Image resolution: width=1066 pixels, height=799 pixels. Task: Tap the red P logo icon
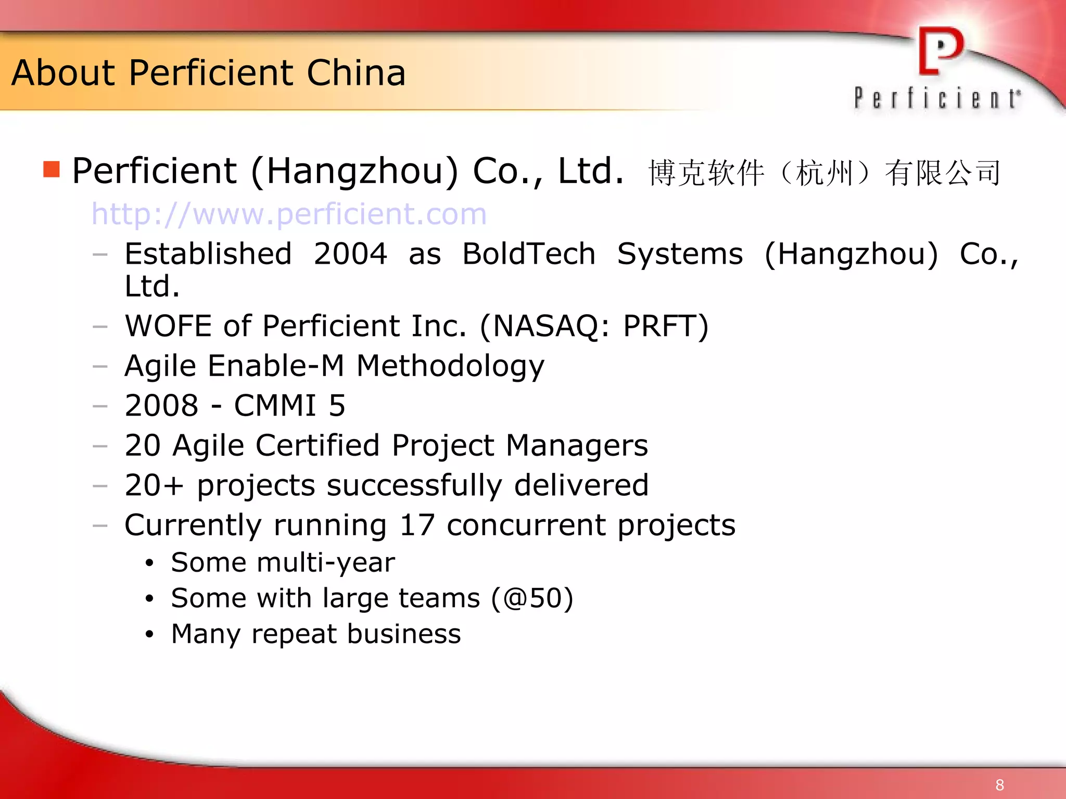(941, 51)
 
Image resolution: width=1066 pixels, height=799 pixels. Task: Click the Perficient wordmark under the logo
(937, 98)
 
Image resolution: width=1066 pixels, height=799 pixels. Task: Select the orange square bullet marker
(52, 170)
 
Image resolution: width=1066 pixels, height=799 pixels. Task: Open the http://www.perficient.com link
(289, 214)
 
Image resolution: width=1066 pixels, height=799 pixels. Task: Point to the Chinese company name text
(824, 173)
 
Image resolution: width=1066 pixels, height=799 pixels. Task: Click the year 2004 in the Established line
(350, 254)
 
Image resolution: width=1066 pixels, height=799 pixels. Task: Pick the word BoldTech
(529, 254)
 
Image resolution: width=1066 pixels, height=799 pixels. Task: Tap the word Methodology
(450, 366)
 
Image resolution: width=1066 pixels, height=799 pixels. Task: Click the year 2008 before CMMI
(162, 405)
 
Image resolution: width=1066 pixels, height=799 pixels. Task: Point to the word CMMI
(275, 405)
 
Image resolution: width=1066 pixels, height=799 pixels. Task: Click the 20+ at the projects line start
(154, 485)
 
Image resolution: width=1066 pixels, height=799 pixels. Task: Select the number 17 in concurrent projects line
(416, 525)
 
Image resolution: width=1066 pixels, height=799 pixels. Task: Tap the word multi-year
(326, 562)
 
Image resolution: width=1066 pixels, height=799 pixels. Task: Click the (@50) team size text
(532, 598)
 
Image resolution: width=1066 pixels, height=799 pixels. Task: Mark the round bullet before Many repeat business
(150, 634)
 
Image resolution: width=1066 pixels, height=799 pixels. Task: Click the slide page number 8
(999, 784)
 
